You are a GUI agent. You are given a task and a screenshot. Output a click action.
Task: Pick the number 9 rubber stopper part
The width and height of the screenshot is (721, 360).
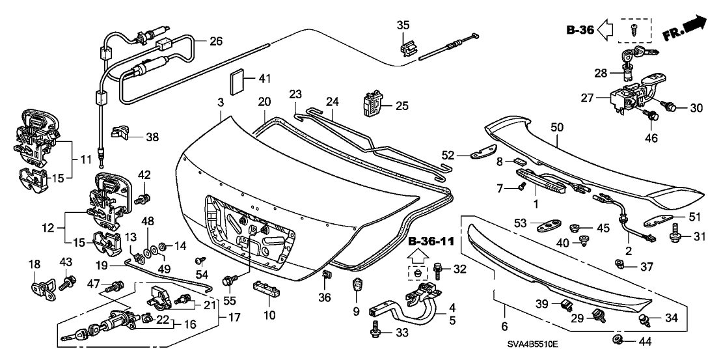pos(357,286)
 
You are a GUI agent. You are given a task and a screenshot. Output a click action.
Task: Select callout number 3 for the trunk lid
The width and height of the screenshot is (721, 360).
pos(221,103)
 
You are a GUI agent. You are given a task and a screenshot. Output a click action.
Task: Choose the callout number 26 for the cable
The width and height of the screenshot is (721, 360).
pos(215,41)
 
